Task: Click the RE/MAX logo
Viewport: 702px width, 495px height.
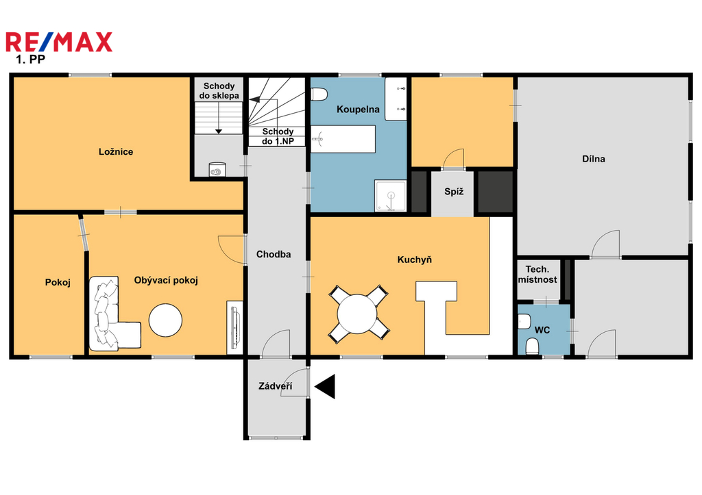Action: point(59,42)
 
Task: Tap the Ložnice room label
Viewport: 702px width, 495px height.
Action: point(116,151)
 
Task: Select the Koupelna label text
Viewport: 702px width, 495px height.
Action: point(358,109)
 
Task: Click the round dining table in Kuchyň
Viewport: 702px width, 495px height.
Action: point(357,314)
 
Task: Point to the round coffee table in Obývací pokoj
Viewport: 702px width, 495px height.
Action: point(166,320)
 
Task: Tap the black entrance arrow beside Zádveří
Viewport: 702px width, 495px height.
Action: point(325,386)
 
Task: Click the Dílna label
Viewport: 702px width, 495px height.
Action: point(594,159)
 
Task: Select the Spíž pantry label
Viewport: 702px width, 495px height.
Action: point(454,192)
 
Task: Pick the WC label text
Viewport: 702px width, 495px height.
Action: point(542,330)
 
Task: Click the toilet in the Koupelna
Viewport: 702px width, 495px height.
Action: point(319,94)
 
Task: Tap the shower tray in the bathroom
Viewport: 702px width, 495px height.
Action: point(391,195)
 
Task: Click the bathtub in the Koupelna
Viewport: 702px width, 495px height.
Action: point(343,139)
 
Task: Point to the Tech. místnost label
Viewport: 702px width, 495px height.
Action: point(537,275)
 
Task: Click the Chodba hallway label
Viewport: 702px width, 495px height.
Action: point(274,255)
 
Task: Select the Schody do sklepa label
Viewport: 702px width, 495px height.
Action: point(219,91)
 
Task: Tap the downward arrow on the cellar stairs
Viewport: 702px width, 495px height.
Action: point(219,118)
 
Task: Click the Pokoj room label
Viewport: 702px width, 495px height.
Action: point(58,283)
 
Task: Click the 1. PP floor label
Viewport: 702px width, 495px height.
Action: point(30,59)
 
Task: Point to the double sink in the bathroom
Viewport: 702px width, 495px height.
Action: point(396,99)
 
